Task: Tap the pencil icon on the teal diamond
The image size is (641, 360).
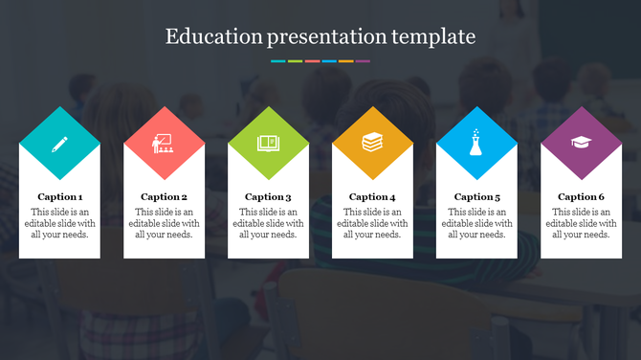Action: [59, 144]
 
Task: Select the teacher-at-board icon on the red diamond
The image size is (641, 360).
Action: [164, 144]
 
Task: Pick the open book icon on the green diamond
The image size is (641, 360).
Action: [268, 144]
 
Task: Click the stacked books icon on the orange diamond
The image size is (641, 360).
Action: [372, 144]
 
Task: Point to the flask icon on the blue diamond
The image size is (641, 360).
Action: [476, 144]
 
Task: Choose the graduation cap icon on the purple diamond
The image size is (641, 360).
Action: [581, 143]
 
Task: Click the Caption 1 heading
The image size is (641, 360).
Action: [59, 197]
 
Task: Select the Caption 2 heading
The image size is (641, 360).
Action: [164, 197]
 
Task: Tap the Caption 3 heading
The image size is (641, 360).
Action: [268, 197]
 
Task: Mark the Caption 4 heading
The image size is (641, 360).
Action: [372, 197]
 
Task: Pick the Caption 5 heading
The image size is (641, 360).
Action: [476, 197]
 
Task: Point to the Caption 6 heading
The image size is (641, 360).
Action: [581, 197]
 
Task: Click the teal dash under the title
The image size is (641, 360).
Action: [278, 61]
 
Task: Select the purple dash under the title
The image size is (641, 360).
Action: [363, 61]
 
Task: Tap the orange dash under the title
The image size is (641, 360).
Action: [345, 61]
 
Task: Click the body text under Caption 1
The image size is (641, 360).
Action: [59, 223]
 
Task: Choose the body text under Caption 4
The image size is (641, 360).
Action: [372, 223]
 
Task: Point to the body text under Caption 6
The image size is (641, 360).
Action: [581, 223]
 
